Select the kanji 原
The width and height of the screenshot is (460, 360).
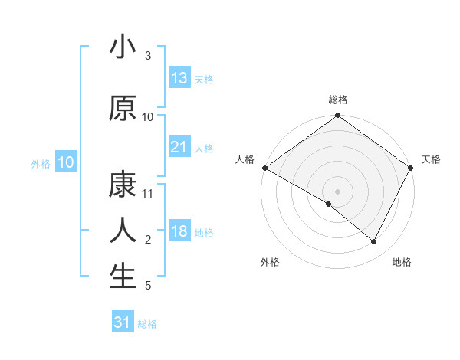pos(123,107)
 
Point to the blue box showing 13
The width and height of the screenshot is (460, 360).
pos(179,78)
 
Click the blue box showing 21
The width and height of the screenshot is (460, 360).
pos(179,147)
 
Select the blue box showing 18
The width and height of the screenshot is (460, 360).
pos(179,232)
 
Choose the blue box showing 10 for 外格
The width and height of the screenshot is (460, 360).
pos(66,162)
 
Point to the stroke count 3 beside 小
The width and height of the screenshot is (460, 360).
pos(148,56)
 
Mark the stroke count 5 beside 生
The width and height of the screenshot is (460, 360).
pos(148,286)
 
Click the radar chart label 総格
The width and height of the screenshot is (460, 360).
pos(338,100)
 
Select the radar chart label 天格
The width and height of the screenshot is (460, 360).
pos(431,159)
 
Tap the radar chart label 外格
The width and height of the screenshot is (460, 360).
pos(270,262)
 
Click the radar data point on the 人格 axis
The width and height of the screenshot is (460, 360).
pos(264,168)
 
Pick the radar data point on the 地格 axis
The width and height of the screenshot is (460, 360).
pos(374,241)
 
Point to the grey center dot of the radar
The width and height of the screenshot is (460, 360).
pos(337,191)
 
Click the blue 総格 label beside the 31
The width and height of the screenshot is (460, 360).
pos(147,324)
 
